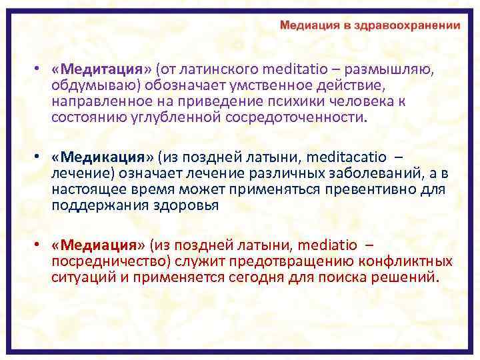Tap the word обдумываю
click(x=88, y=87)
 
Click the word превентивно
click(x=371, y=189)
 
